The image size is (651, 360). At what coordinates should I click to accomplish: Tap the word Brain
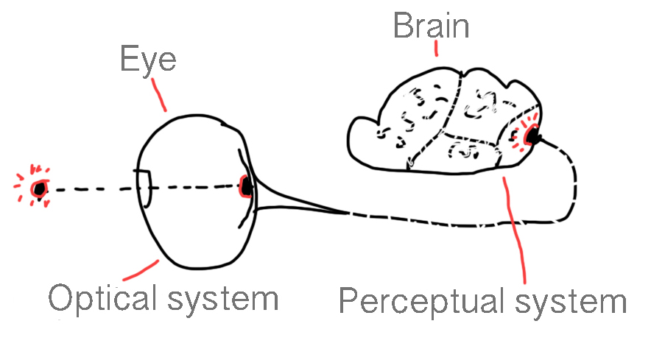point(431,26)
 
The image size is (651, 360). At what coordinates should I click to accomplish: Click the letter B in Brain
point(403,26)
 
